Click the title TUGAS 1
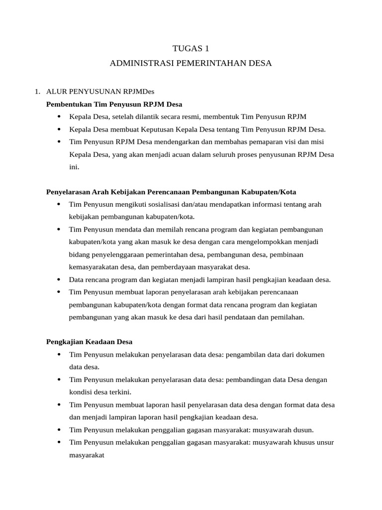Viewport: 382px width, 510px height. (x=191, y=48)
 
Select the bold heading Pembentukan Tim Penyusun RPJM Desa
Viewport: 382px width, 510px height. (x=114, y=104)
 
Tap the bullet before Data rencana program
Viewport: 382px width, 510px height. (x=59, y=279)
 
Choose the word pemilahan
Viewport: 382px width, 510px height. (x=286, y=317)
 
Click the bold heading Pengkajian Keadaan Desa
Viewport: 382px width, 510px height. (x=89, y=342)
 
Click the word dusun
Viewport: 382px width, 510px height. (x=302, y=429)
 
